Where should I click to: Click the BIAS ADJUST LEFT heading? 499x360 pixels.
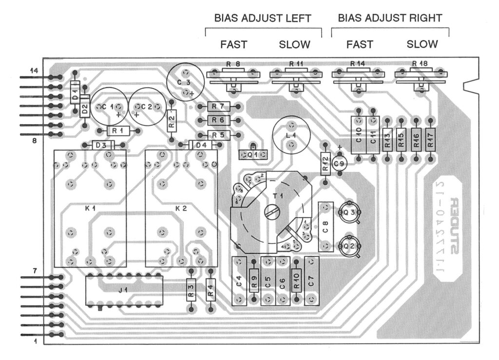coord(263,18)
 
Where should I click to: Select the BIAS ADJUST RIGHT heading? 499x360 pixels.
coord(390,18)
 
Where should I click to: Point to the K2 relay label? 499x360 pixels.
coord(181,208)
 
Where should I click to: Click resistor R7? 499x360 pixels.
coord(218,106)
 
